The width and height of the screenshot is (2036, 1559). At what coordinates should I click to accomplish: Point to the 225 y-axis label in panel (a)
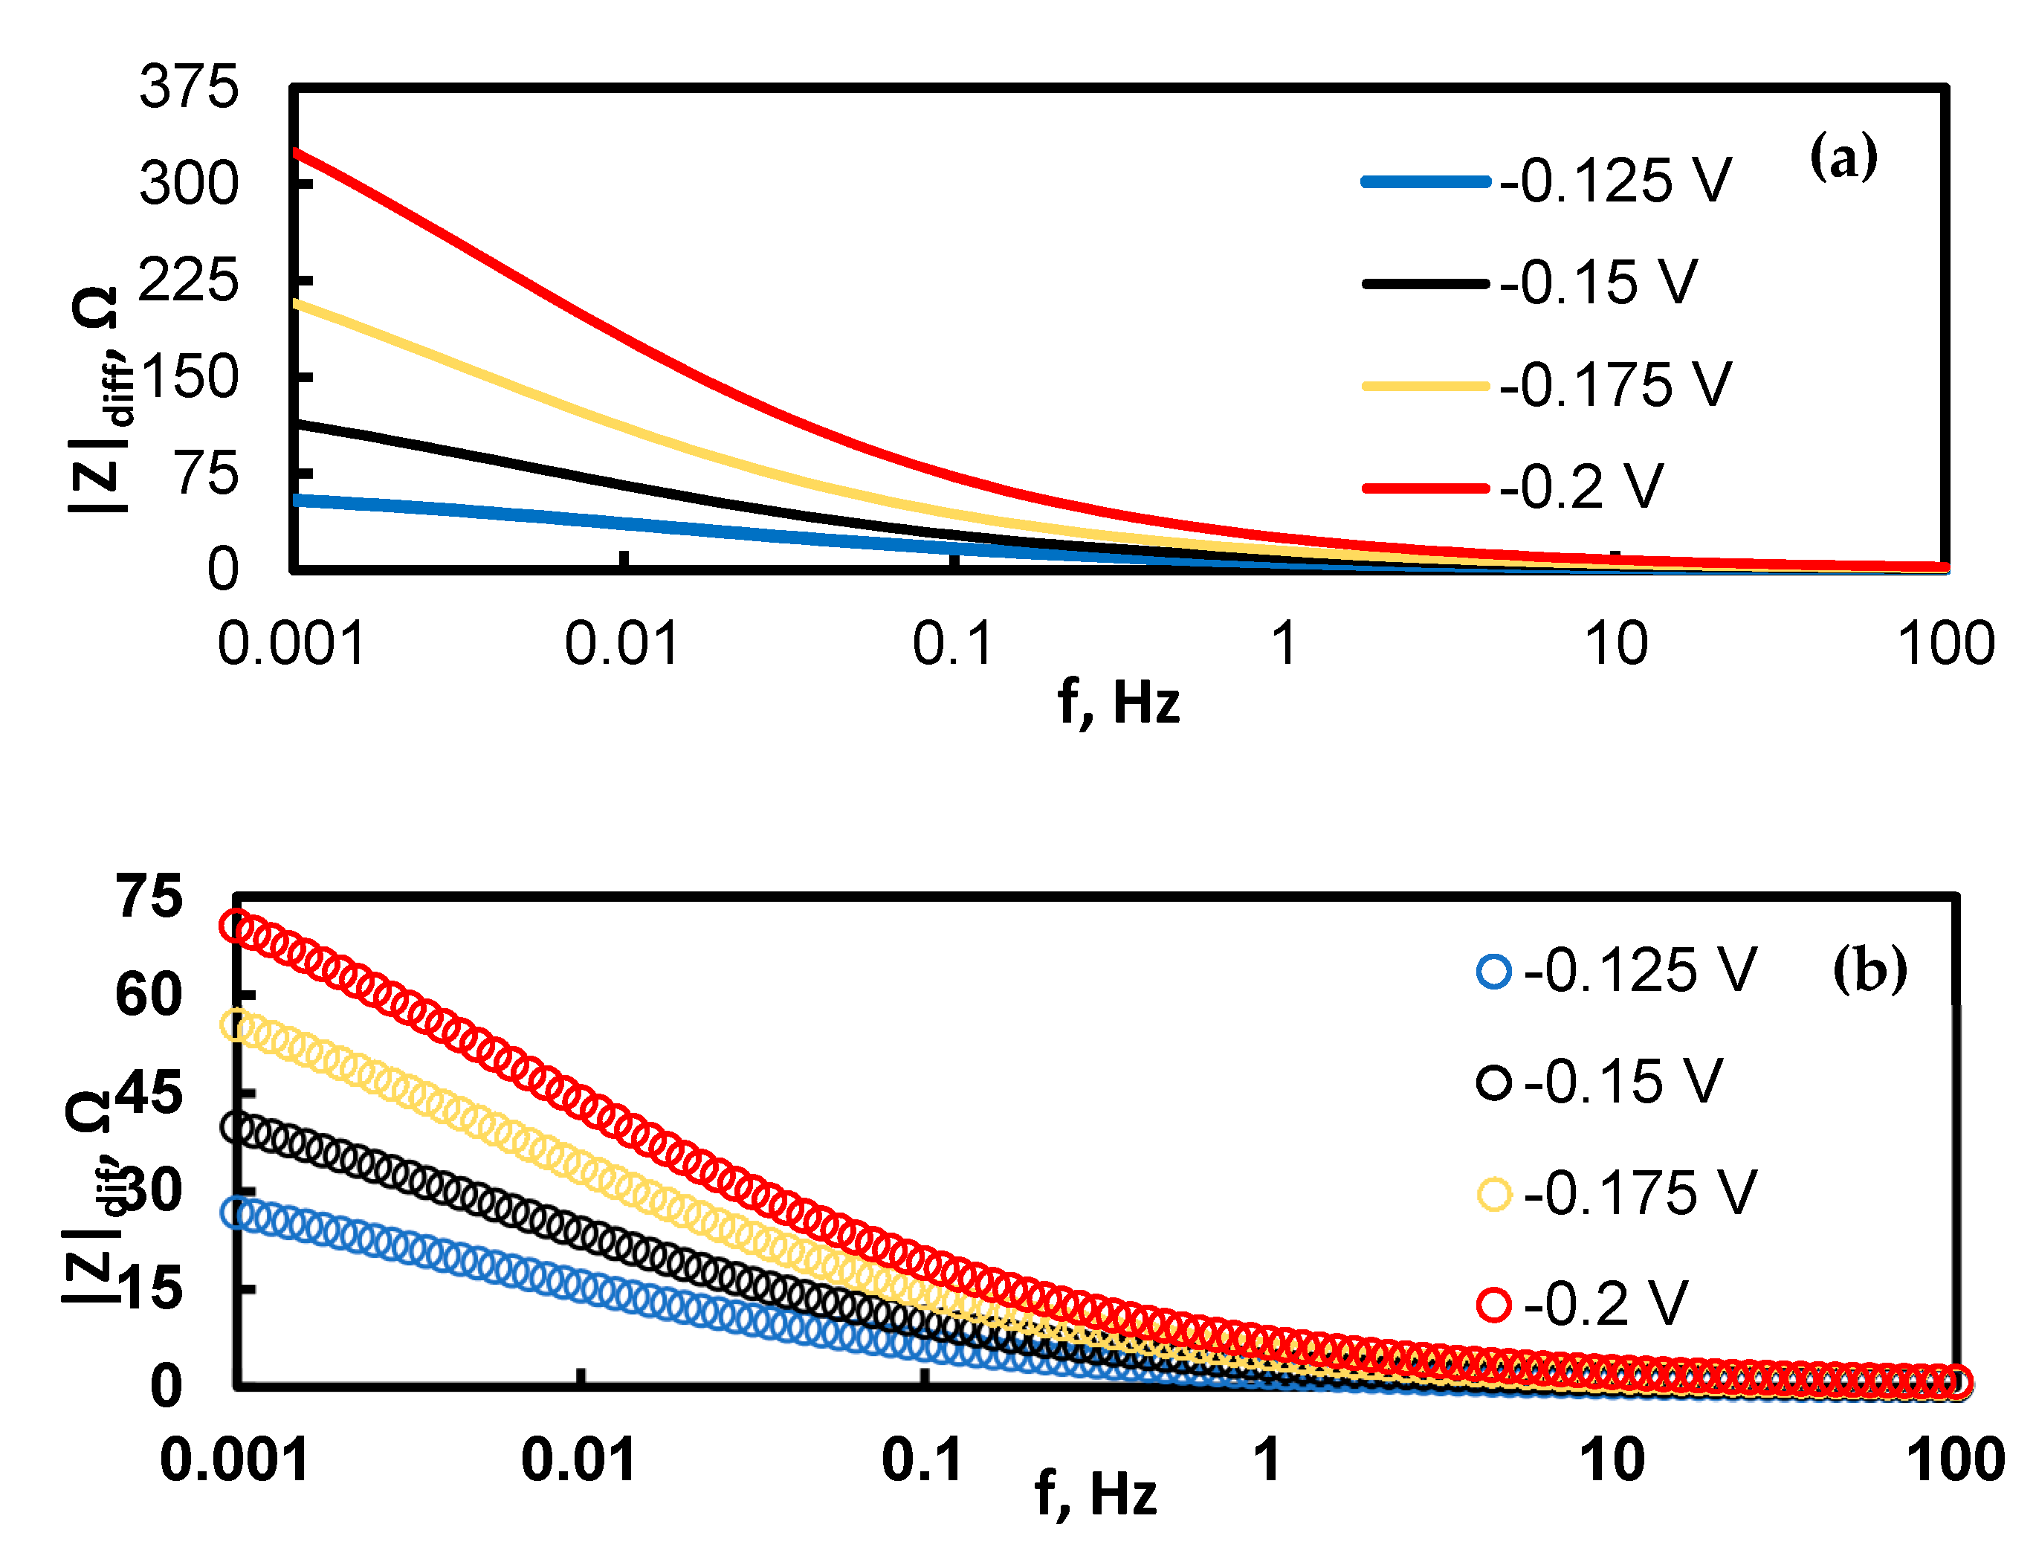click(x=188, y=280)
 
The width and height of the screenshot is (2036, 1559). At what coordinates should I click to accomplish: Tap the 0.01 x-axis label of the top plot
click(x=621, y=643)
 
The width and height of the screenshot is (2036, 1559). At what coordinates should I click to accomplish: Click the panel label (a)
click(x=1843, y=158)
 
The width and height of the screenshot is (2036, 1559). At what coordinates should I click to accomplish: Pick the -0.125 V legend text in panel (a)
click(x=1615, y=181)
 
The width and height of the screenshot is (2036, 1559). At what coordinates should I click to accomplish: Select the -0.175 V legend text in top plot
click(x=1615, y=385)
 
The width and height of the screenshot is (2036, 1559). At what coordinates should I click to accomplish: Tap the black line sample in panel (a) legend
click(x=1424, y=284)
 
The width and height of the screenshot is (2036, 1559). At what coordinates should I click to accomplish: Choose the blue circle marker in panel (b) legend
click(x=1494, y=972)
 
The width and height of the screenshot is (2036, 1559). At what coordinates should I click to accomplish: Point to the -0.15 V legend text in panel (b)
click(x=1622, y=1082)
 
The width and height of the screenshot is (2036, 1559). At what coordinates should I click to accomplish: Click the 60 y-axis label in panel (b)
click(x=149, y=995)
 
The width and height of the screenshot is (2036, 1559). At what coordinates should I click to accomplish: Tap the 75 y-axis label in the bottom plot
click(x=149, y=897)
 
